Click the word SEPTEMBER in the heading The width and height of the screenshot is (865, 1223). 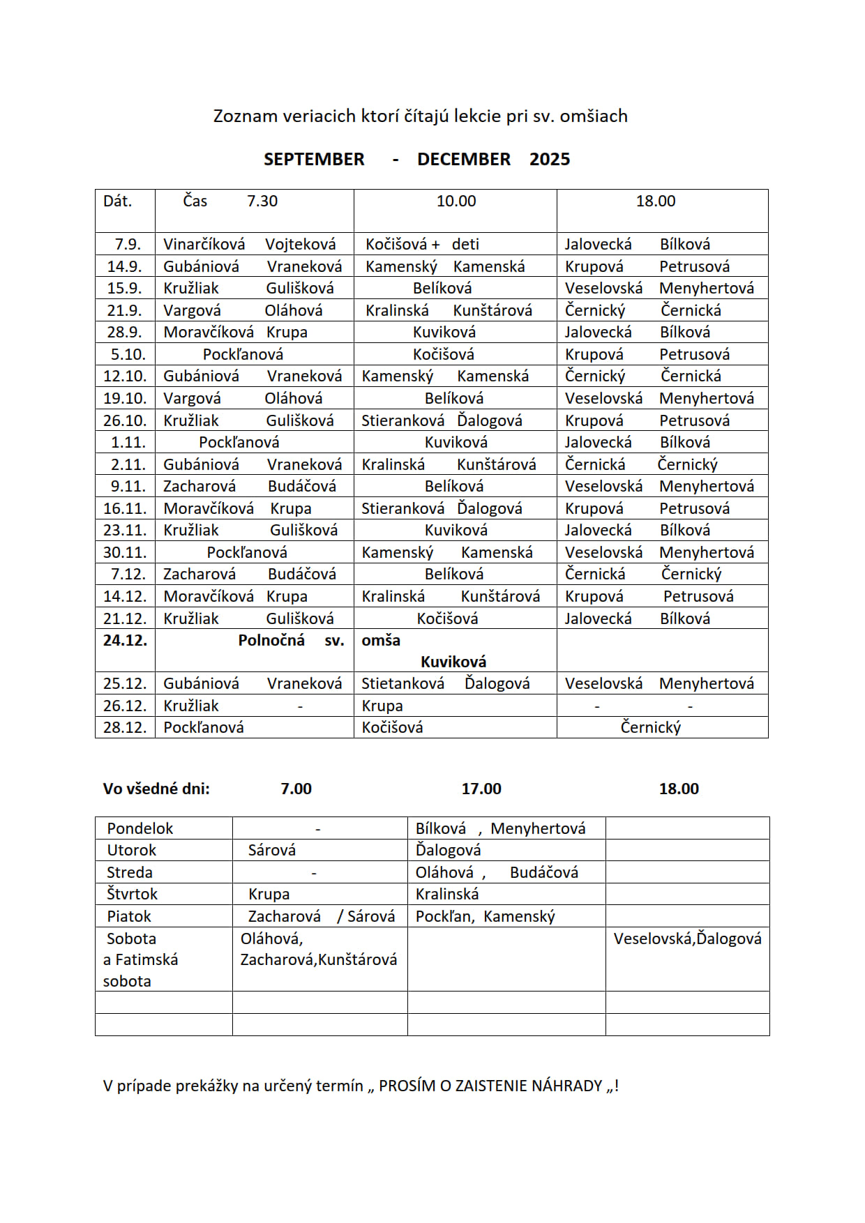(314, 160)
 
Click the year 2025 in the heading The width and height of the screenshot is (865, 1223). (550, 160)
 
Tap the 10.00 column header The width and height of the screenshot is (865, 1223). (456, 202)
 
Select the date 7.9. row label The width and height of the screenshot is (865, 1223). (128, 244)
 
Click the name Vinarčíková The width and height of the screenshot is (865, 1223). (204, 244)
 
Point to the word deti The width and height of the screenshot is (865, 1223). (465, 244)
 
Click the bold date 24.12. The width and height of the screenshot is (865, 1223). (126, 640)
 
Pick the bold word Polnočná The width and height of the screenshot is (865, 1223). (271, 640)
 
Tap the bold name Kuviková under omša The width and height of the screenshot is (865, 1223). (453, 662)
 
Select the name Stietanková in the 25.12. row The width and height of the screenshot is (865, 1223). (403, 683)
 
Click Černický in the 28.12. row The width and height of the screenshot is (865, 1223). (651, 727)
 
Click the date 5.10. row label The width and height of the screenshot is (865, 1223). (128, 354)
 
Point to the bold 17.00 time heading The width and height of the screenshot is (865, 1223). (481, 789)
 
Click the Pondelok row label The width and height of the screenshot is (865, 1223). (140, 828)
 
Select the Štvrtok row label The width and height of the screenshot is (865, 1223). (132, 894)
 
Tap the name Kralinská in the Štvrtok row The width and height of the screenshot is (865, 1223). (447, 894)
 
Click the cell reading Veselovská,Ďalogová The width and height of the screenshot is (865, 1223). (687, 939)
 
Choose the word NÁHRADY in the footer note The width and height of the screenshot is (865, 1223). (567, 1086)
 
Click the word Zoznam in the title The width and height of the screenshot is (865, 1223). (245, 116)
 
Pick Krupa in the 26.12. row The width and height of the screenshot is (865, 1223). (382, 706)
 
